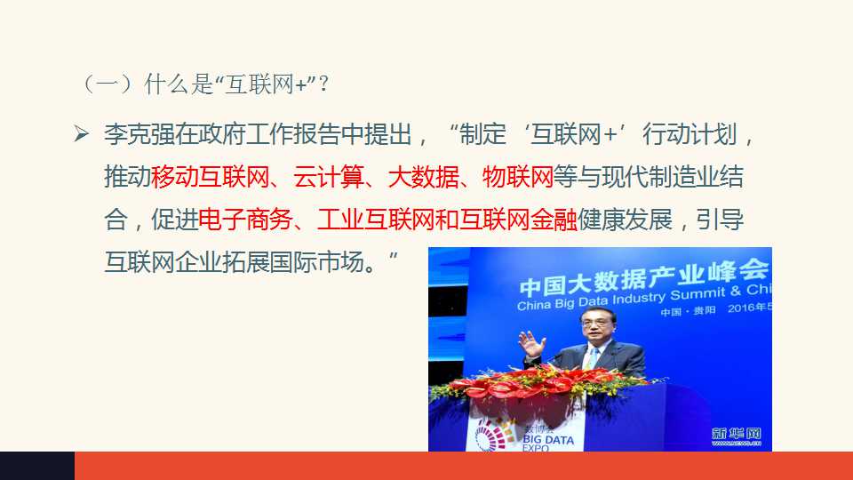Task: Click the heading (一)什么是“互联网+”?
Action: point(204,84)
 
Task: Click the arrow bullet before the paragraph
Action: point(81,134)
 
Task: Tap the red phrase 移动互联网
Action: point(210,177)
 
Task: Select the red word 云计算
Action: point(329,177)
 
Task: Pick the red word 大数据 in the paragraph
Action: point(423,177)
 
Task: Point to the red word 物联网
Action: point(518,177)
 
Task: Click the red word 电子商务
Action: point(246,220)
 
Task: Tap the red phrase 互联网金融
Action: point(518,220)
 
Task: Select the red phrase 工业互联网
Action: point(376,220)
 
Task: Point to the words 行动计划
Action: point(690,134)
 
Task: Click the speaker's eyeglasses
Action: point(595,323)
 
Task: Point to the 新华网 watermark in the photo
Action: point(736,436)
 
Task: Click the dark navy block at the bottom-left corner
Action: point(37,466)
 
